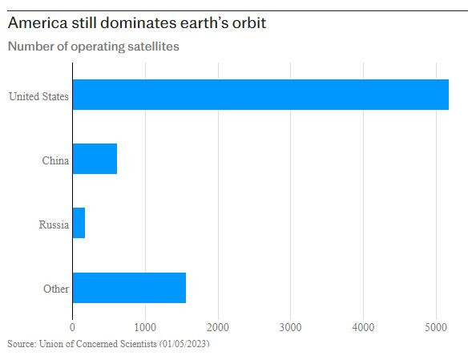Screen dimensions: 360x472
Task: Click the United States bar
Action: pyautogui.click(x=260, y=95)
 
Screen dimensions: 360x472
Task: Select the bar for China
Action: pyautogui.click(x=95, y=159)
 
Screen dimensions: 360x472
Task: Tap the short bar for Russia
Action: pyautogui.click(x=79, y=223)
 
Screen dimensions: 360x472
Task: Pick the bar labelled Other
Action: pyautogui.click(x=129, y=287)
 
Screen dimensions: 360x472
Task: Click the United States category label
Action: pyautogui.click(x=38, y=98)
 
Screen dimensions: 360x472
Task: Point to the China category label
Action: pyautogui.click(x=54, y=161)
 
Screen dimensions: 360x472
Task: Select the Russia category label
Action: pyautogui.click(x=54, y=225)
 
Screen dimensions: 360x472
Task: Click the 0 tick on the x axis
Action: pyautogui.click(x=73, y=326)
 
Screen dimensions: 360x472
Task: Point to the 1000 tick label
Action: pyautogui.click(x=145, y=326)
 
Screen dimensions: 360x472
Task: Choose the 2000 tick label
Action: pyautogui.click(x=218, y=326)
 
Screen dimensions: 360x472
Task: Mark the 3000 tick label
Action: pyautogui.click(x=291, y=326)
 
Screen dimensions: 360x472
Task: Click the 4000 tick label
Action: pyautogui.click(x=363, y=326)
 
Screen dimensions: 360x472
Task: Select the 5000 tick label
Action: pyautogui.click(x=436, y=326)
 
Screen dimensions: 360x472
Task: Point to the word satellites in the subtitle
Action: pyautogui.click(x=151, y=46)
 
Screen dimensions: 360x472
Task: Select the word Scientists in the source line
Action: pyautogui.click(x=135, y=343)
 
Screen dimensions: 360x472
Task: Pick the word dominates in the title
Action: pyautogui.click(x=133, y=23)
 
